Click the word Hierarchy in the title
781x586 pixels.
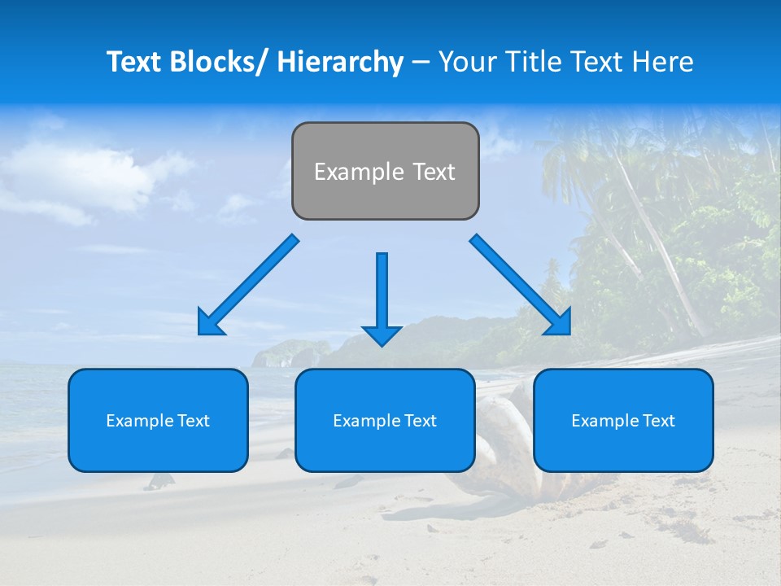[x=340, y=62]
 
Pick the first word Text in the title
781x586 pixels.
[x=134, y=62]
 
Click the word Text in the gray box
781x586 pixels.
[x=433, y=172]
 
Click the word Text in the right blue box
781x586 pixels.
[x=658, y=421]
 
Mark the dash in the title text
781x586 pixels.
[x=421, y=63]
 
